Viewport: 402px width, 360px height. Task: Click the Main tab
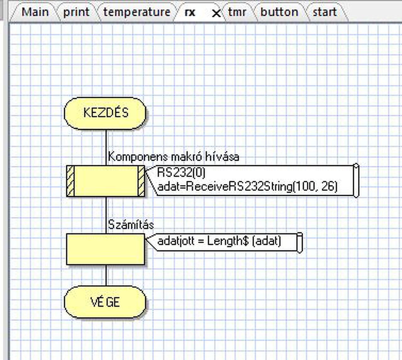(35, 12)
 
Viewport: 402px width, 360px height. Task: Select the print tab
(76, 12)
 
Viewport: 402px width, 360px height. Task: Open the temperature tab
(137, 12)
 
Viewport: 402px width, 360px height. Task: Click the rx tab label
(190, 13)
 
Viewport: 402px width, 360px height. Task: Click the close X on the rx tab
(216, 13)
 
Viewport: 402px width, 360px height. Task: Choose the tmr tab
(237, 12)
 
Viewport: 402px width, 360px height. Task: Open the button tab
(280, 12)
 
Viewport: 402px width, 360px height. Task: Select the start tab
(325, 12)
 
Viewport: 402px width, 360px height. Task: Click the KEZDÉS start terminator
(105, 113)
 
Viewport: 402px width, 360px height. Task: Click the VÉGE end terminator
(105, 302)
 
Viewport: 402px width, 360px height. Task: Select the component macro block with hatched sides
(106, 181)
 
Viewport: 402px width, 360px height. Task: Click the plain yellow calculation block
(106, 249)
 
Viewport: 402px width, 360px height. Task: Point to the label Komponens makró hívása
(174, 157)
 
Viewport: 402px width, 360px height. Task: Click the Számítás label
(131, 225)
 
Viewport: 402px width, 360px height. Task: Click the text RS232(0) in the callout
(181, 173)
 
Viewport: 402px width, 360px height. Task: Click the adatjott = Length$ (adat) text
(219, 241)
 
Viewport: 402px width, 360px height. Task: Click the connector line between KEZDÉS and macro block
(106, 148)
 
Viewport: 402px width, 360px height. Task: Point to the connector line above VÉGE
(106, 275)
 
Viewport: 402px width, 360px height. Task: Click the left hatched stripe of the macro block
(71, 181)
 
